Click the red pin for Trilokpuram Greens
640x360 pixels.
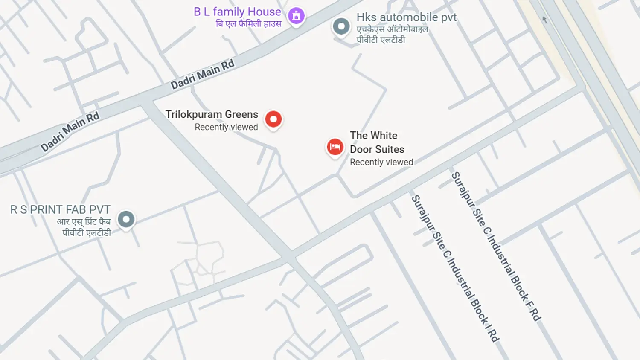273,119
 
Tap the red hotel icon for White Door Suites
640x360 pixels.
335,147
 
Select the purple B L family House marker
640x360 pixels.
296,16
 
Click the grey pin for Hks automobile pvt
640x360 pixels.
341,26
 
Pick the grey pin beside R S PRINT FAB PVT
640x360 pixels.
126,220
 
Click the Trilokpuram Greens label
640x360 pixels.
212,114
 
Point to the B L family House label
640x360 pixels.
237,12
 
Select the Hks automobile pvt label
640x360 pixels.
406,17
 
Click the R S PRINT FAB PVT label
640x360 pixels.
60,210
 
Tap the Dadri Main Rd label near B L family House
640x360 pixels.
203,75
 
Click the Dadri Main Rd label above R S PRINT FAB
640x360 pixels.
70,131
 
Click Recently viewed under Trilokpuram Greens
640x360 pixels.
226,127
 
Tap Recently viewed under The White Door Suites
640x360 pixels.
381,162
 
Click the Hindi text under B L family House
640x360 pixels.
248,24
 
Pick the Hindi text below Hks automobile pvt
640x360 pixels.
392,35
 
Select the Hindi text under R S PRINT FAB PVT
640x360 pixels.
84,227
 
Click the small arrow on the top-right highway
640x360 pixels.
544,19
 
